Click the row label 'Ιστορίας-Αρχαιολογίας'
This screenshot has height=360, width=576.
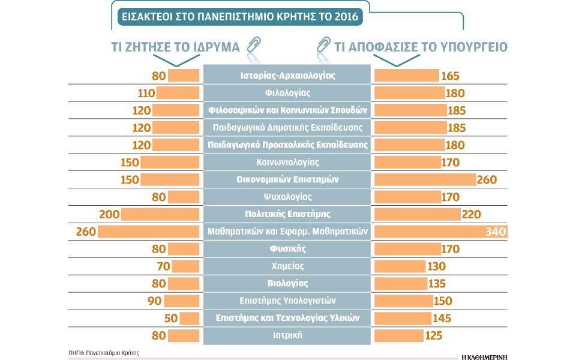[x=287, y=76]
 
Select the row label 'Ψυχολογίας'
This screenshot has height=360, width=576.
[x=287, y=196]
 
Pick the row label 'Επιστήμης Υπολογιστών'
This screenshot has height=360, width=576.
[x=287, y=301]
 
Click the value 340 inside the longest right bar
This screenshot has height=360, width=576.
[x=496, y=232]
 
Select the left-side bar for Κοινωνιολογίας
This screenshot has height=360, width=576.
[x=170, y=162]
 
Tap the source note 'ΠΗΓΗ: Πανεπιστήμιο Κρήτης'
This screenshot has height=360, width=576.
[x=103, y=353]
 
